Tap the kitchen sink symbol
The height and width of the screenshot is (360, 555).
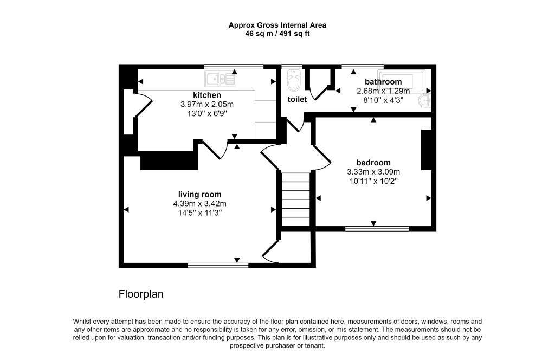point(221,80)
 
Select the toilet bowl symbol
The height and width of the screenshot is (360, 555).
point(294,82)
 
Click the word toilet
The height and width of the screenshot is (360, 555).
point(297,99)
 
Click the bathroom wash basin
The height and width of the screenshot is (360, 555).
point(425,100)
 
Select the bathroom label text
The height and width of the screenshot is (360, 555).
point(383,82)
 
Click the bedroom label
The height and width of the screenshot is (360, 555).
point(373,163)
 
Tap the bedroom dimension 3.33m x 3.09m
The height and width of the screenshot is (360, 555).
point(373,172)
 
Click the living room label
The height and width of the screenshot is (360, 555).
point(199,194)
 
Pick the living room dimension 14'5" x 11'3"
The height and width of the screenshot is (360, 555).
point(199,213)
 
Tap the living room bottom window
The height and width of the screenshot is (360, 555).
point(218,266)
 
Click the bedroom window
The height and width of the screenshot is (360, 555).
point(377,229)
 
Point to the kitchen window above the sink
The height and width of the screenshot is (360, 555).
point(234,67)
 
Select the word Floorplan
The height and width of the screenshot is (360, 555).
point(141,294)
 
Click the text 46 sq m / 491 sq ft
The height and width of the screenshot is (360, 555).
point(277,34)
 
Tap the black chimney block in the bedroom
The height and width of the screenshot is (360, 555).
point(427,150)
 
